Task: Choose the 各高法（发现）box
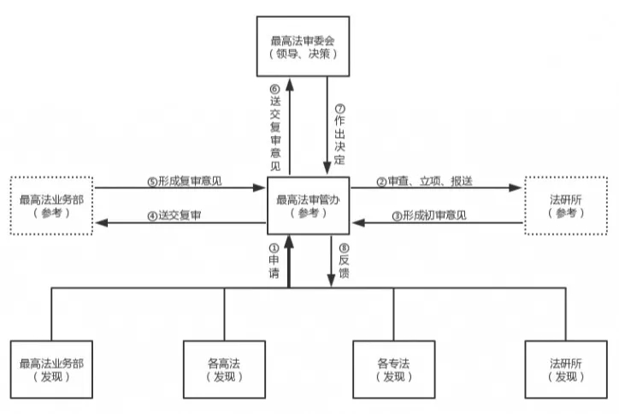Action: (225, 369)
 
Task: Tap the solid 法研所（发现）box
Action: (565, 369)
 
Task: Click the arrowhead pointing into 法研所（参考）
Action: (516, 187)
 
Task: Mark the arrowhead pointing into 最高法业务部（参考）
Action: (101, 222)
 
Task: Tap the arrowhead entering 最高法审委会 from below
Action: (290, 83)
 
